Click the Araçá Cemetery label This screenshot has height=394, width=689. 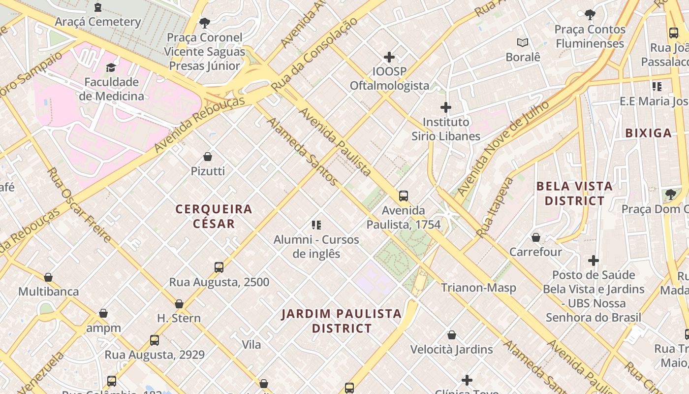(98, 22)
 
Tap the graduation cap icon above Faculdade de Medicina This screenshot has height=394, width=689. (111, 67)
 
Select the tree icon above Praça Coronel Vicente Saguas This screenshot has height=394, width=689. (204, 23)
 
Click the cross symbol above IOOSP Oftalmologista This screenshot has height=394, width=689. (389, 57)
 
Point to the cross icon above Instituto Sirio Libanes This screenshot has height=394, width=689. (446, 107)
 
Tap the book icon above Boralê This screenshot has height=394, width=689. (523, 43)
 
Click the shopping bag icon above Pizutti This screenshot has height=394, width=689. (208, 157)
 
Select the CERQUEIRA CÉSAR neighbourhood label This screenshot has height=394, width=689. (214, 216)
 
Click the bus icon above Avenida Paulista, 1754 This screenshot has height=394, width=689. (404, 196)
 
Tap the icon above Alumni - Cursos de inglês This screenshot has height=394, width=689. (316, 226)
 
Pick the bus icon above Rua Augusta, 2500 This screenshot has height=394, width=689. (219, 267)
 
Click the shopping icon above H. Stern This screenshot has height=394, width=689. (179, 304)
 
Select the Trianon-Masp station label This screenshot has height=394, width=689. (478, 288)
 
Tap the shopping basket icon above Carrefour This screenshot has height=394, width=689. (536, 238)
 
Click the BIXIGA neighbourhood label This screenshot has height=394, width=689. (649, 133)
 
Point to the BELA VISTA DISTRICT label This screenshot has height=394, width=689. (575, 194)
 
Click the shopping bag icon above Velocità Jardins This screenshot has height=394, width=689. (452, 335)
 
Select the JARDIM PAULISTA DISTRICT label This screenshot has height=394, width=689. (342, 321)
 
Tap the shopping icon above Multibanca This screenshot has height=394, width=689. (48, 278)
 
